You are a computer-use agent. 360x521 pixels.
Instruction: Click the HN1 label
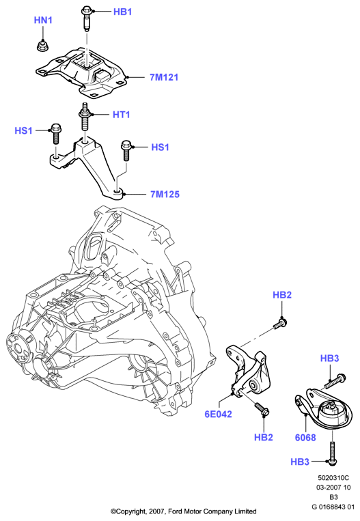pos(43,20)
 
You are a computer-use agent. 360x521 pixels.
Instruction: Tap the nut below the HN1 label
pos(42,46)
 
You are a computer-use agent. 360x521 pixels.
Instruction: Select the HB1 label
pos(123,12)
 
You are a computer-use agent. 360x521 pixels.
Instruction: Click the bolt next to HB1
pos(87,18)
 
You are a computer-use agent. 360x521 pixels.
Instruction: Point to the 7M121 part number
pos(164,77)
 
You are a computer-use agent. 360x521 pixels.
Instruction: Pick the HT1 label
pos(122,115)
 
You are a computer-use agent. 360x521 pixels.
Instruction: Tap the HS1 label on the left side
pos(24,130)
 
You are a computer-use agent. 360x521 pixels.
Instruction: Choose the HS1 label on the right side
pos(161,147)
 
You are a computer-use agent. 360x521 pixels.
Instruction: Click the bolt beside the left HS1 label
pos(55,133)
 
